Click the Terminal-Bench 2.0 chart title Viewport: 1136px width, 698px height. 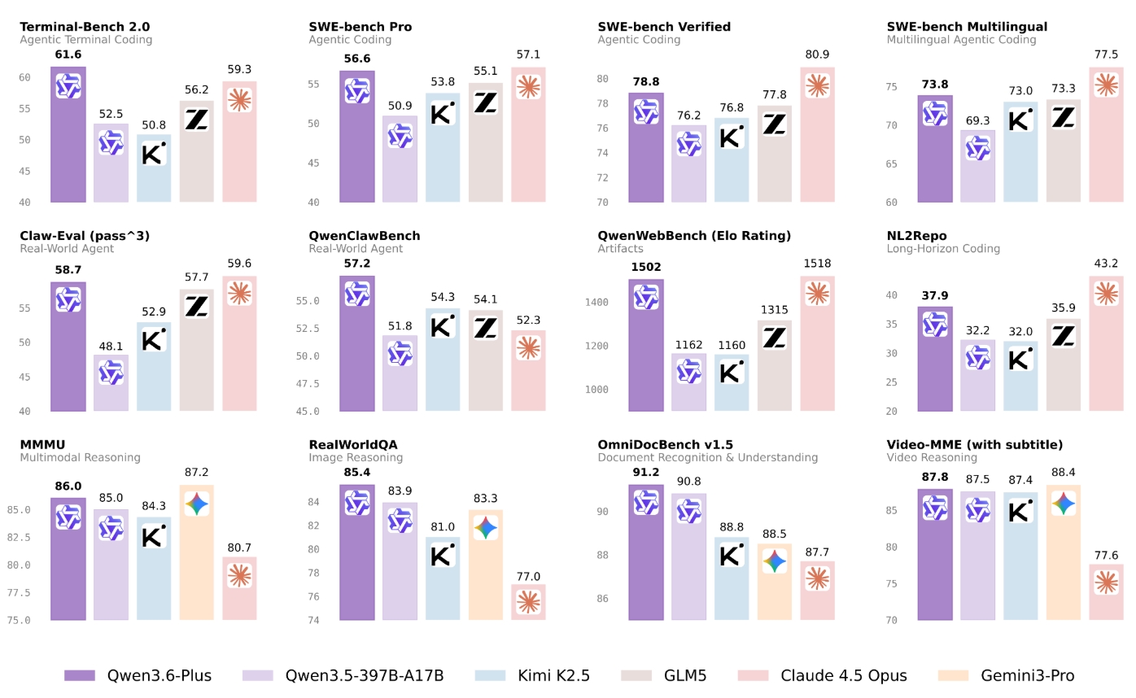click(x=85, y=26)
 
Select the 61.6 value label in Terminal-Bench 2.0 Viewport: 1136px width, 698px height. click(x=68, y=55)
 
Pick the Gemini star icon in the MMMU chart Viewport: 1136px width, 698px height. click(x=197, y=504)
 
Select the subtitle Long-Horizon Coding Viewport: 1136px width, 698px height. click(x=943, y=248)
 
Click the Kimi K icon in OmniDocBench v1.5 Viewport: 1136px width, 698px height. click(x=731, y=556)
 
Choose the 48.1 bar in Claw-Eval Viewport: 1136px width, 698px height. click(x=111, y=382)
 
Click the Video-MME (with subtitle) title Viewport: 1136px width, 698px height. click(x=974, y=444)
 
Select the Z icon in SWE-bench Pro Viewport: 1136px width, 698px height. click(x=485, y=103)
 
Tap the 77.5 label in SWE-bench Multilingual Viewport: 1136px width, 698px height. click(x=1106, y=55)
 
